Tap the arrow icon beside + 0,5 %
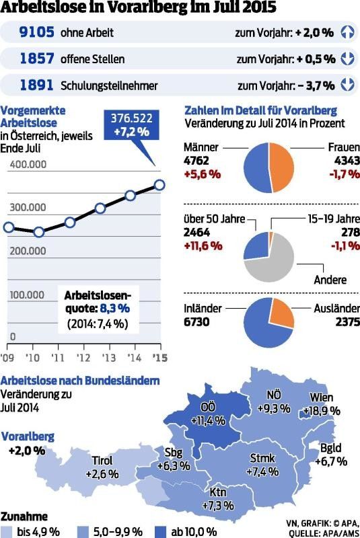pyautogui.click(x=347, y=59)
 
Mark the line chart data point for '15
pyautogui.click(x=159, y=184)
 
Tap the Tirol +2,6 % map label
pyautogui.click(x=102, y=467)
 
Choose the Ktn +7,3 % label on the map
pyautogui.click(x=217, y=498)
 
